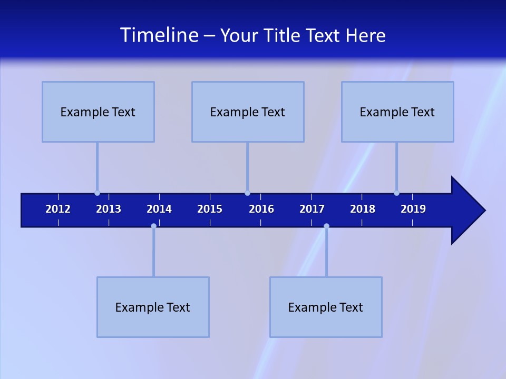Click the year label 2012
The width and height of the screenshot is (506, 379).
(x=58, y=209)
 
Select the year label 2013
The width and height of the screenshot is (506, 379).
(x=109, y=209)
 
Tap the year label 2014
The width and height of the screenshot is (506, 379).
(x=159, y=209)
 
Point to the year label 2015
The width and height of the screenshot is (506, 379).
(x=210, y=209)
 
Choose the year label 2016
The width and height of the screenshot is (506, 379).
(x=261, y=209)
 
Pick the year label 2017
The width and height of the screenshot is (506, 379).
(x=312, y=209)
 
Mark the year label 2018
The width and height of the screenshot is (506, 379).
(x=363, y=209)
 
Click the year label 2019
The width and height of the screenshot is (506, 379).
(x=413, y=209)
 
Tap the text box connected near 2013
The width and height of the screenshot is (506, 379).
(x=98, y=112)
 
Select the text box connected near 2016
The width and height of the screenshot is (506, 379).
(x=248, y=112)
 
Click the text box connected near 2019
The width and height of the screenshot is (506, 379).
(x=397, y=112)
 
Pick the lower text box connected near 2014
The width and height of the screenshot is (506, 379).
(x=153, y=307)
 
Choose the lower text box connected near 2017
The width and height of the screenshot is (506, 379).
(x=326, y=307)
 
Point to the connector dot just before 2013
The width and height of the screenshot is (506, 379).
(x=97, y=193)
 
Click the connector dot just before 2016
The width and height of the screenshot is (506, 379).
(x=247, y=193)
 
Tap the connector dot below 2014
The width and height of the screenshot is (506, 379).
(x=153, y=226)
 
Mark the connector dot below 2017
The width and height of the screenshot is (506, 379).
(x=326, y=226)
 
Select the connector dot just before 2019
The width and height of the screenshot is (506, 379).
(x=396, y=193)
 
